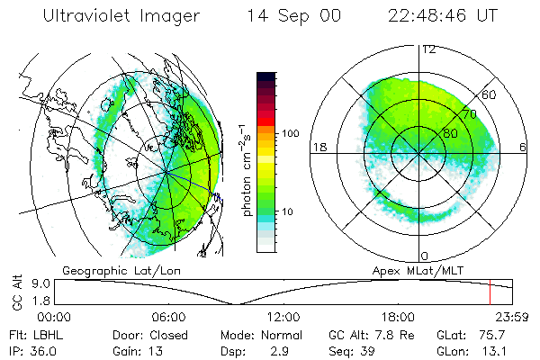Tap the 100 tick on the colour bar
pyautogui.click(x=290, y=133)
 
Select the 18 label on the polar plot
pyautogui.click(x=317, y=146)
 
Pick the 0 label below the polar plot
pyautogui.click(x=424, y=256)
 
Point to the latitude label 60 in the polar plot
pyautogui.click(x=489, y=94)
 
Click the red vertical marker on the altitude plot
pyautogui.click(x=489, y=292)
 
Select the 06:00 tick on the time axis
pyautogui.click(x=168, y=317)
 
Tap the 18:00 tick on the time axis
pyautogui.click(x=398, y=317)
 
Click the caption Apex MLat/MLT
pyautogui.click(x=417, y=269)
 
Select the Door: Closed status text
pyautogui.click(x=143, y=334)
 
